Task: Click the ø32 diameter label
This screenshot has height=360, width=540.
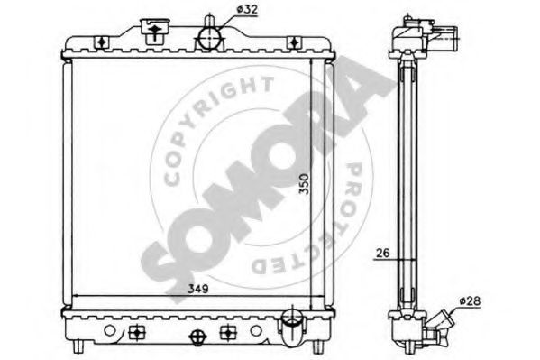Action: (x=247, y=10)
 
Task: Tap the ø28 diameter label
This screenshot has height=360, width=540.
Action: (x=470, y=301)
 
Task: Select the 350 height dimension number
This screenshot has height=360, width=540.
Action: (x=304, y=184)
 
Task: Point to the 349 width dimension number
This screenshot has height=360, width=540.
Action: (x=198, y=289)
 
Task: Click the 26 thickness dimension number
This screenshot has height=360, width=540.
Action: (x=382, y=253)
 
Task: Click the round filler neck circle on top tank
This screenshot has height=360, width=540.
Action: (x=209, y=38)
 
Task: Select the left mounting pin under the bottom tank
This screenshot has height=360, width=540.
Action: (x=78, y=346)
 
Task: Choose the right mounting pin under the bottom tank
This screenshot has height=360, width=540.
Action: (x=317, y=346)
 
